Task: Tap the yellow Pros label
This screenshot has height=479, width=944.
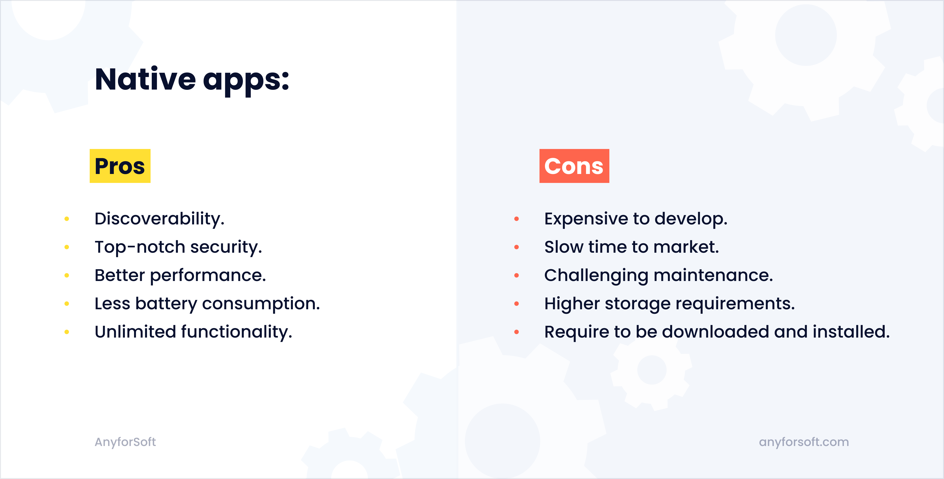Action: coord(120,166)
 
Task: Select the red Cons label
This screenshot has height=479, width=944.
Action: coord(574,166)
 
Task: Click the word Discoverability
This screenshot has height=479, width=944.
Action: coord(159,219)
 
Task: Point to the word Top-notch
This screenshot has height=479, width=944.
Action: coord(140,247)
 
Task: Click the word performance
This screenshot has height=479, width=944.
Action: coord(208,276)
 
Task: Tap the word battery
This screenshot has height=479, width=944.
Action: coord(166,304)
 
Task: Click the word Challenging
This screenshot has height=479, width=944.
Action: coord(596,276)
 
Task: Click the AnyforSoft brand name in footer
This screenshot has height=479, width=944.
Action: coord(125,442)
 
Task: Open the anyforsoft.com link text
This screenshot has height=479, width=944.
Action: coord(804,442)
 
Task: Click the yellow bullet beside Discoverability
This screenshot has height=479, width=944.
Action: coord(67,219)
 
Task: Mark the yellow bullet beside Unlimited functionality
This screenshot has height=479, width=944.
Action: coord(67,332)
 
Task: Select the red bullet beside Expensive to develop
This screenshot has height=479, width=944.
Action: coord(516,219)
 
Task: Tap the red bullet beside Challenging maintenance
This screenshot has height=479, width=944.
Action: coord(516,276)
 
